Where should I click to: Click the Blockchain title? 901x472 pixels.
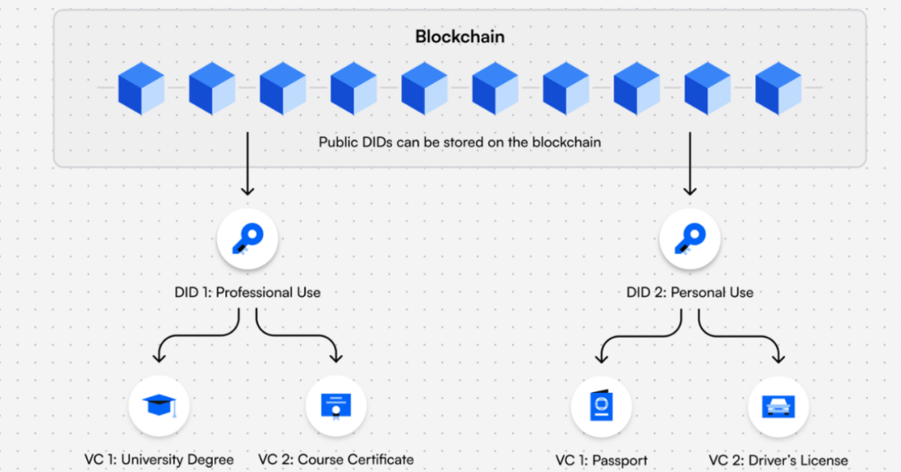(x=459, y=39)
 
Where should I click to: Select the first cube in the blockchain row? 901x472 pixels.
(x=142, y=88)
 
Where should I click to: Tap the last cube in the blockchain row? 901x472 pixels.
(x=778, y=88)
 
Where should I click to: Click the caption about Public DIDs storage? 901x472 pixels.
(x=459, y=142)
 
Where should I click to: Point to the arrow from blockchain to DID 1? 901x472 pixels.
(x=247, y=163)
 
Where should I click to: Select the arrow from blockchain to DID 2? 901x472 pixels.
(x=690, y=163)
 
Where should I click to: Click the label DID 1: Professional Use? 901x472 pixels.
(x=247, y=292)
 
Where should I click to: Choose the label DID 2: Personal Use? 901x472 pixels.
(x=690, y=292)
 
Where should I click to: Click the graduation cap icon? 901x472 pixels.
(x=159, y=406)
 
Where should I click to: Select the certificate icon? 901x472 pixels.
(x=335, y=406)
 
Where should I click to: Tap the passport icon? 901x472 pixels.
(x=601, y=406)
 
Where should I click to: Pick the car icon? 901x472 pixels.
(x=778, y=406)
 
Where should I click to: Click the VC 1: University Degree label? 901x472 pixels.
(x=159, y=460)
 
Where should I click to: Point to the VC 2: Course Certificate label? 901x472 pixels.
(x=335, y=460)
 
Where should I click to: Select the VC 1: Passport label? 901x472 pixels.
(x=601, y=460)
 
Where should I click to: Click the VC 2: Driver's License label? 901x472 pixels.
(x=778, y=460)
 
